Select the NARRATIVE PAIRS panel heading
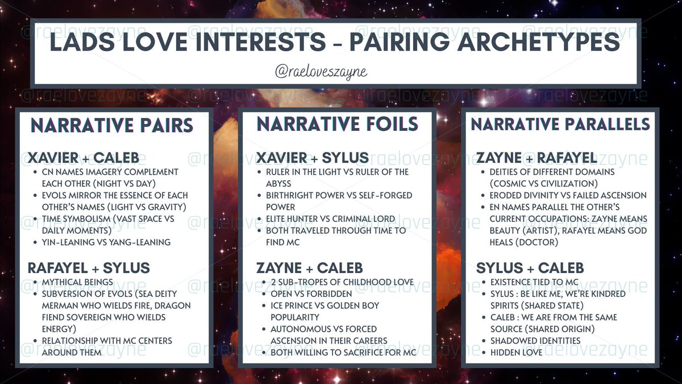pos(111,125)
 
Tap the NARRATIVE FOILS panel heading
pos(338,123)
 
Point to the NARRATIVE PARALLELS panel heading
pos(560,124)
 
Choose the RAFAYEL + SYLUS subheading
pos(89,268)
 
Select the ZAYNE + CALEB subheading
pos(309,268)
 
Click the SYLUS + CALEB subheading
pos(530,268)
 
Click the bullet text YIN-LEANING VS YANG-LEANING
pos(106,242)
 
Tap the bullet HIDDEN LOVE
pos(516,353)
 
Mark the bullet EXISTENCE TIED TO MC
pos(535,282)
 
